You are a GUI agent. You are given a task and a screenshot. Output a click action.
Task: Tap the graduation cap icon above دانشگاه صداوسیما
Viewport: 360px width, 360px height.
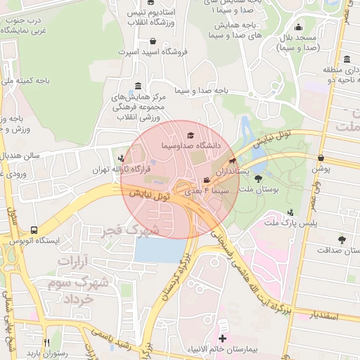(x=190, y=135)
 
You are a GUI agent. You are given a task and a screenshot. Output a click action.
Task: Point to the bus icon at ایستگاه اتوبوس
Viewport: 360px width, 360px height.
(x=34, y=229)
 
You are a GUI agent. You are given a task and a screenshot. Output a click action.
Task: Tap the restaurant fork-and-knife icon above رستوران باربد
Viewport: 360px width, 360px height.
(x=46, y=342)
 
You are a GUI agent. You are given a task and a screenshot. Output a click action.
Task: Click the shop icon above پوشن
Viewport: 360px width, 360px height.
(x=321, y=158)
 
